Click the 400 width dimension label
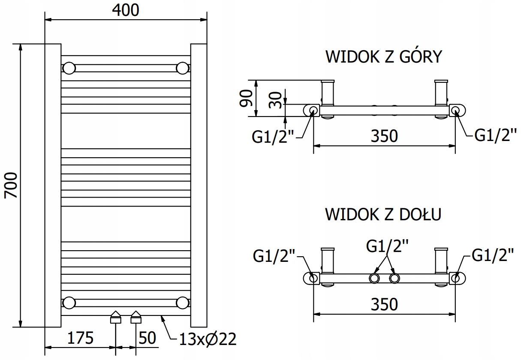click(x=126, y=10)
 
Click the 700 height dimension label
click(x=11, y=185)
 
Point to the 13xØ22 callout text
click(x=208, y=339)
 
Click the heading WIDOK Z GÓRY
click(x=383, y=57)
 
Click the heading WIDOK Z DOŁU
click(x=383, y=214)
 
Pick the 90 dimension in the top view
click(x=246, y=98)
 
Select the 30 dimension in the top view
click(x=275, y=100)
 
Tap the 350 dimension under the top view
click(x=384, y=136)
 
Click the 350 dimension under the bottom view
click(x=384, y=304)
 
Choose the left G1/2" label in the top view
click(x=273, y=137)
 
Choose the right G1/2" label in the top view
click(x=495, y=135)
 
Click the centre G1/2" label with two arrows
click(x=387, y=246)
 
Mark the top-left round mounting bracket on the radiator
click(x=69, y=68)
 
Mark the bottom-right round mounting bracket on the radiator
click(x=183, y=303)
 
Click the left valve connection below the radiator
click(x=116, y=317)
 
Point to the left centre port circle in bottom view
click(x=374, y=278)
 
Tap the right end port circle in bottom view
click(x=455, y=278)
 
